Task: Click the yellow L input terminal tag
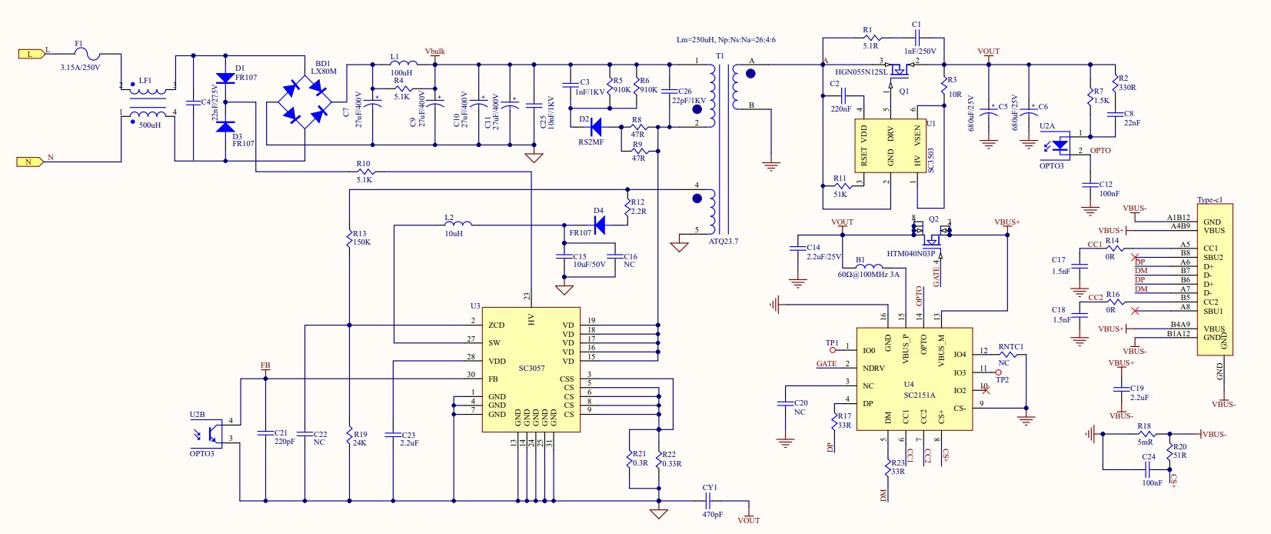[30, 54]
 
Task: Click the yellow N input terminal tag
[29, 162]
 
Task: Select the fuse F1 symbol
[91, 54]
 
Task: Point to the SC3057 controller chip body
[531, 369]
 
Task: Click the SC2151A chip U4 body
[914, 379]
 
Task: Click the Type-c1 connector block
[1215, 279]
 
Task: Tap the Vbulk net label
[435, 52]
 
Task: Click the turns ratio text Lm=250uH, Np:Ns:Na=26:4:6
[726, 40]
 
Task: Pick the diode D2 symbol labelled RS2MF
[594, 128]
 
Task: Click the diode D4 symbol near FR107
[599, 225]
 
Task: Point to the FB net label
[265, 366]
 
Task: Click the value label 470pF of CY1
[712, 514]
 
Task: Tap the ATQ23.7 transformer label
[723, 242]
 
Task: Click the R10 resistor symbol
[364, 172]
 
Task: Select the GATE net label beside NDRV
[827, 364]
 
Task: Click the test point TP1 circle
[832, 349]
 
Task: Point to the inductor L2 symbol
[459, 224]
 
